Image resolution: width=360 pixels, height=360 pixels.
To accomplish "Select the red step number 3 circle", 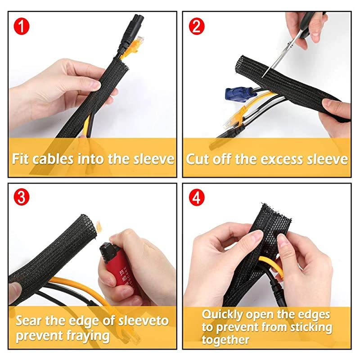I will (x=21, y=197).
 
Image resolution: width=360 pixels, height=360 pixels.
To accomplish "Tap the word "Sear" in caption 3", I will (x=29, y=321).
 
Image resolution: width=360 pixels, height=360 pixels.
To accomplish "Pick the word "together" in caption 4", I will (x=225, y=340).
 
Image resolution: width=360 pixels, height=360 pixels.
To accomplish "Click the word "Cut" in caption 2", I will (x=197, y=159).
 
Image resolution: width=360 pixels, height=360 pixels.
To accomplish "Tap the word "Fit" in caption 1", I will (x=22, y=159).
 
